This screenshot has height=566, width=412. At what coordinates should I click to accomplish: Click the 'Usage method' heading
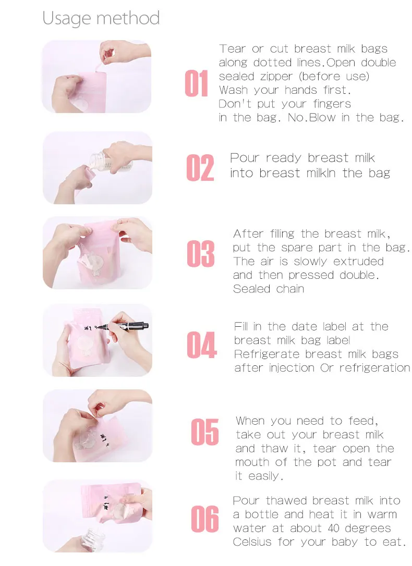[101, 18]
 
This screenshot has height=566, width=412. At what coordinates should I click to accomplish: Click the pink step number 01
[197, 83]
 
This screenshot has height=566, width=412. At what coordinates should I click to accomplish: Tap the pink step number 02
[200, 168]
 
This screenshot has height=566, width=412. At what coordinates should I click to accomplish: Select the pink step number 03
[201, 254]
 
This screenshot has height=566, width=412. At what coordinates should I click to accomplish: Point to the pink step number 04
[202, 345]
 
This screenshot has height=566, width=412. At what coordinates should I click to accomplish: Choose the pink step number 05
[205, 432]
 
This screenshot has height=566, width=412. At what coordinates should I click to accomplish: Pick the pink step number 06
[205, 519]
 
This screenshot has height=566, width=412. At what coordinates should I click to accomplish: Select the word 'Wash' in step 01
[232, 90]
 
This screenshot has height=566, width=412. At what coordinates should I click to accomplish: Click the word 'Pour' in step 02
[245, 158]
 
